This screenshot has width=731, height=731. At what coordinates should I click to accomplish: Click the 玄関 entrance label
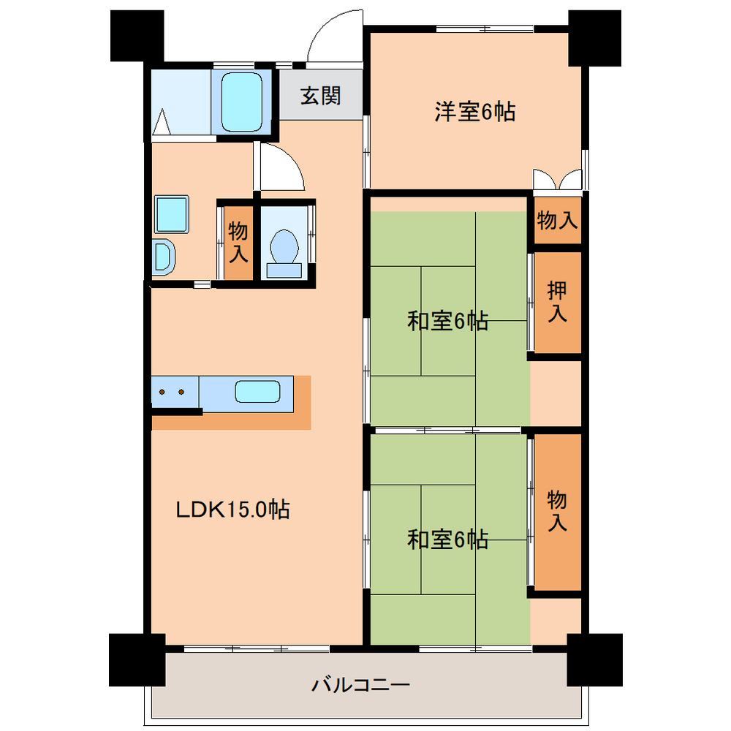click(321, 96)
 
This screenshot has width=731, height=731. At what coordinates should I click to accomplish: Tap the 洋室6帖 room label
click(474, 112)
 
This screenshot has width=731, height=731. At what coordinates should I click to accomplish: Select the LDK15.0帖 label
click(233, 509)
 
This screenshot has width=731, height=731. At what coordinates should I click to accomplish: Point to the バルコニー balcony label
click(361, 686)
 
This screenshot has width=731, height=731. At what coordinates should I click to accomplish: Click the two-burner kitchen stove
click(174, 393)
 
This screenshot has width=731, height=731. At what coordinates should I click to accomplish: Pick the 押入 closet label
click(558, 302)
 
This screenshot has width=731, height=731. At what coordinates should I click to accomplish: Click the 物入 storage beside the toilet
click(238, 243)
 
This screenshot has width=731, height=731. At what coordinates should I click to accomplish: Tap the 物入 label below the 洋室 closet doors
click(558, 220)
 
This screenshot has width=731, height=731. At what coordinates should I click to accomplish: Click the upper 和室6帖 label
click(447, 321)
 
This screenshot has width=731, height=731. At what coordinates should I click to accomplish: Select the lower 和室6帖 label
click(447, 539)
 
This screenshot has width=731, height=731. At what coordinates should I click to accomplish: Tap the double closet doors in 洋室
click(557, 179)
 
